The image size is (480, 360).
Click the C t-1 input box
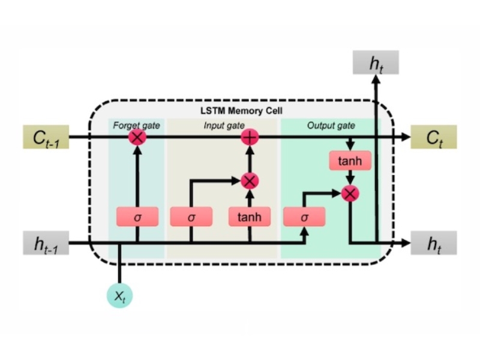point(46,137)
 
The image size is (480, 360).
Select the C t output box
point(434,137)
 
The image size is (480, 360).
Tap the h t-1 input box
point(46,243)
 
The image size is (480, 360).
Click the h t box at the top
point(376,63)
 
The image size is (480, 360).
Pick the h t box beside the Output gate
point(434,243)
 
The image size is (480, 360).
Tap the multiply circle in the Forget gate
point(137,137)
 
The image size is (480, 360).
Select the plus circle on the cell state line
point(249,137)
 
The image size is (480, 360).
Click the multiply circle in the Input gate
point(249,179)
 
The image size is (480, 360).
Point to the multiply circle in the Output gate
point(350,193)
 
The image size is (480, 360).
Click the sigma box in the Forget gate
point(137,217)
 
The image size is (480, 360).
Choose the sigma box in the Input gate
point(191,217)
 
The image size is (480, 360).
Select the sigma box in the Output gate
point(304,217)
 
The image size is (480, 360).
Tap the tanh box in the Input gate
point(249,217)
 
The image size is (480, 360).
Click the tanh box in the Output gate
point(350,161)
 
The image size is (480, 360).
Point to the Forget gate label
point(134,125)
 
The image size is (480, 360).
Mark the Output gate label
point(331,125)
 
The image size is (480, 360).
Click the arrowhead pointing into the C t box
point(406,137)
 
